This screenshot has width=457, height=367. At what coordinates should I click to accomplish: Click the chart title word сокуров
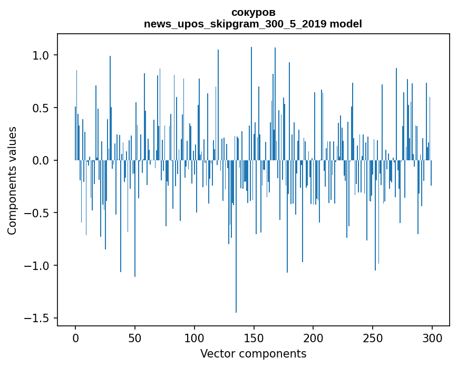point(253,12)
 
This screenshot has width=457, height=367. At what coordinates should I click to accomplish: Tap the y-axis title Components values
point(12,180)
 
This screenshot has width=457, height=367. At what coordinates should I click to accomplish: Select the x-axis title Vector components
point(253,353)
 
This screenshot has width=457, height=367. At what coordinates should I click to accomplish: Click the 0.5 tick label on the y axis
point(41,108)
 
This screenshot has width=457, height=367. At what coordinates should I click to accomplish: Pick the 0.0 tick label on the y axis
point(41,160)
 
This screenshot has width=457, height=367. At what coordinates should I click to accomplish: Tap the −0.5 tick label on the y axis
point(37,213)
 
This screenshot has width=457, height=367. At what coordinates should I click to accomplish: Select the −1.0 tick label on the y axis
point(37,265)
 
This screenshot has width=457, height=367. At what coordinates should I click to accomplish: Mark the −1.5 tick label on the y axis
point(37,318)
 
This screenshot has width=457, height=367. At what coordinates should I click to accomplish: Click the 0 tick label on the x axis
point(75,337)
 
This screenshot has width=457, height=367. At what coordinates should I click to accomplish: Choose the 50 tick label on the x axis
point(135,337)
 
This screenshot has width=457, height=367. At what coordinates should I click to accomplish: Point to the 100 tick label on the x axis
point(195,337)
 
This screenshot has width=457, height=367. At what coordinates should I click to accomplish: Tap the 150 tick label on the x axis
point(254,337)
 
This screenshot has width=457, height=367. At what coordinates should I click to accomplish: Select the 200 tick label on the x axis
point(313,337)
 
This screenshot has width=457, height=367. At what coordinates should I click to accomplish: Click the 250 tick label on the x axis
point(373,337)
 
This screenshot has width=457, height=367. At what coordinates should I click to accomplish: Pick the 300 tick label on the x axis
point(432,337)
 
